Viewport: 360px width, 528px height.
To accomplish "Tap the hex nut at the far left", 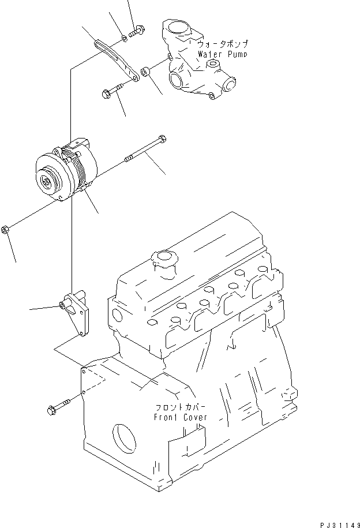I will point(5,229).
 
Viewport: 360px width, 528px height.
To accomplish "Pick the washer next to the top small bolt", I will point(125,40).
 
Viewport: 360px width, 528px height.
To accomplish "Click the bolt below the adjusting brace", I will point(113,91).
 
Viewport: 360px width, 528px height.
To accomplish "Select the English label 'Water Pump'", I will point(222,54).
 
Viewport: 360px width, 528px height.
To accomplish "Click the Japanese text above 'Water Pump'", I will point(222,44).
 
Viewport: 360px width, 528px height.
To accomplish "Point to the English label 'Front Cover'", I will point(180,417).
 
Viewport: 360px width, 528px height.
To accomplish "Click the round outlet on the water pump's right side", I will point(230,85).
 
